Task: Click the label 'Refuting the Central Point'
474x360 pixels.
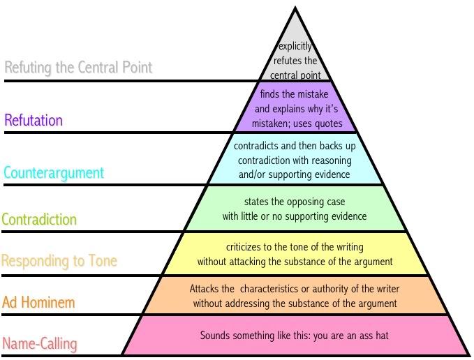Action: (x=78, y=68)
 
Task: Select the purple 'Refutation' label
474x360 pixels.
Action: (x=34, y=121)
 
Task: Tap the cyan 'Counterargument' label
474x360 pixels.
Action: (x=53, y=172)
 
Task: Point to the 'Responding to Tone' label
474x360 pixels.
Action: (x=59, y=262)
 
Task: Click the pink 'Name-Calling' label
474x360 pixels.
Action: (x=40, y=343)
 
